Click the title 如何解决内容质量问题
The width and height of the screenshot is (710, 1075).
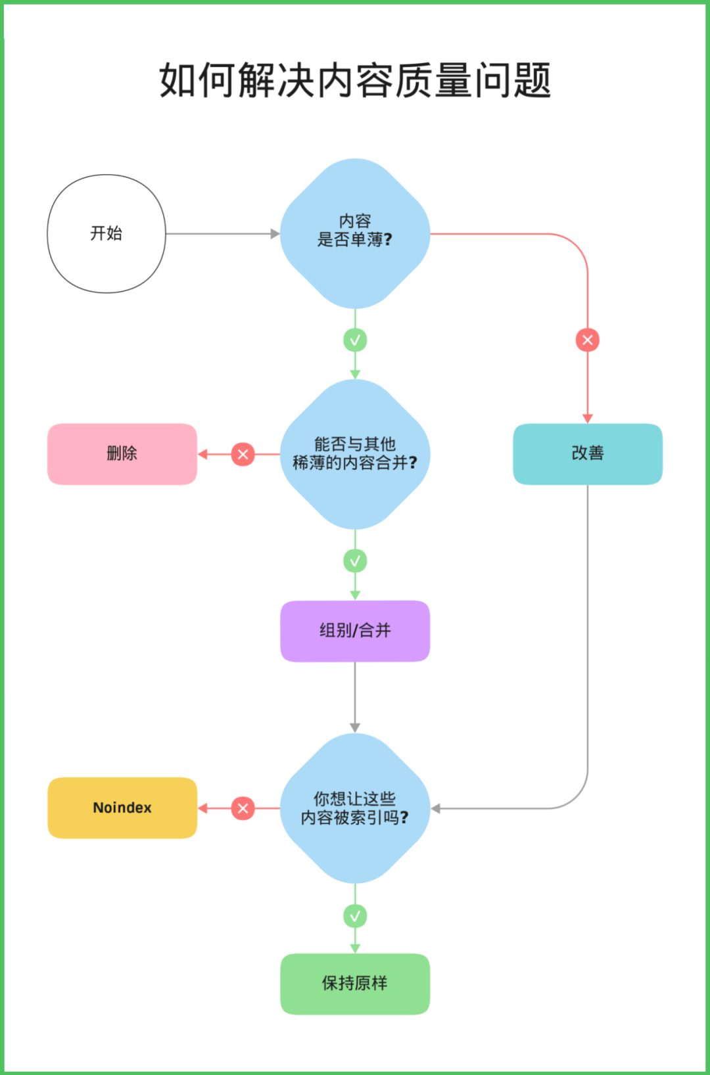point(355,80)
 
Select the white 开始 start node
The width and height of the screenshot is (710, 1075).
point(106,233)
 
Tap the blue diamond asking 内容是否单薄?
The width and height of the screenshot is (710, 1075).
point(355,233)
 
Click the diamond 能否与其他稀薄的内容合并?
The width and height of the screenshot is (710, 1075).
point(355,454)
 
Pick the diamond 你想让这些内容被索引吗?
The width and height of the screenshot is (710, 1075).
point(355,808)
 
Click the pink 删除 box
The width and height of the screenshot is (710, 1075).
point(122,454)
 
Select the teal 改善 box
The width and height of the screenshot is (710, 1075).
point(588,454)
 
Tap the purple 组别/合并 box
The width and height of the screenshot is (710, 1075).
point(355,631)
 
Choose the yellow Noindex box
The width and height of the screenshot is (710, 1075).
point(122,808)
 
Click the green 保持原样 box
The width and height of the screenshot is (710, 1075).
point(355,984)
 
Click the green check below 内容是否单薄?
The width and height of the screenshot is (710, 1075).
point(355,340)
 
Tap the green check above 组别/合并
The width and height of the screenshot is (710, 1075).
point(355,561)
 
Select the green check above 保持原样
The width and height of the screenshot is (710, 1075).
point(355,916)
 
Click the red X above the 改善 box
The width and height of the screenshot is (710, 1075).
point(588,340)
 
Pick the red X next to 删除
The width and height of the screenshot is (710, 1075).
point(243,454)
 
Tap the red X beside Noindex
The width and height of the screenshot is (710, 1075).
point(243,808)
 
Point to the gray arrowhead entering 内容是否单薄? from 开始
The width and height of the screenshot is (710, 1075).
point(275,233)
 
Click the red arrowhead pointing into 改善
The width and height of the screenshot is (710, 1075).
point(588,419)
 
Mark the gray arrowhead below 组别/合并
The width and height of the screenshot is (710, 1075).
point(355,727)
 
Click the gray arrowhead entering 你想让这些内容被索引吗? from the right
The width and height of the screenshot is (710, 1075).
point(436,808)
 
